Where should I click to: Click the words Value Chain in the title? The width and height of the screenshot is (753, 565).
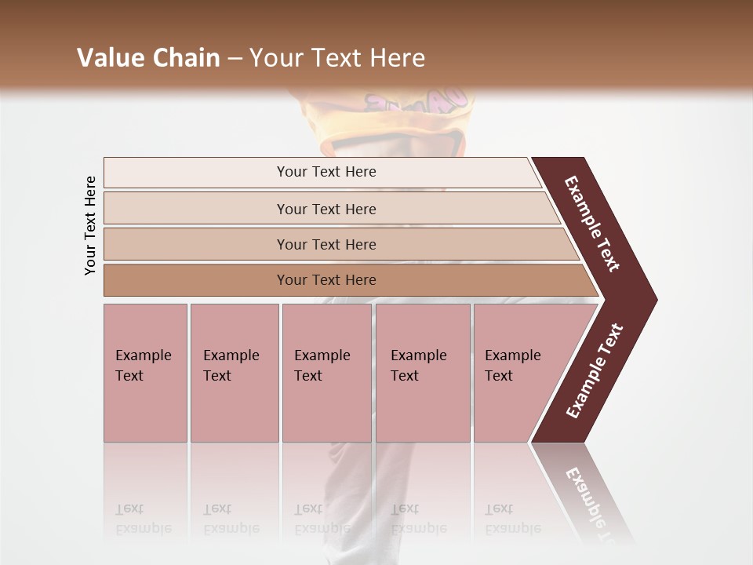click(x=148, y=58)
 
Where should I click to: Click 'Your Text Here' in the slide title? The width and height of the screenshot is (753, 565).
click(x=337, y=58)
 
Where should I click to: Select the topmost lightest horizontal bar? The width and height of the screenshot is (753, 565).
click(x=326, y=172)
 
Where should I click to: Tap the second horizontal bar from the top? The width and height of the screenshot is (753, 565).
click(x=326, y=209)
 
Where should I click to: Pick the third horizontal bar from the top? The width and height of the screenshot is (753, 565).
click(x=326, y=245)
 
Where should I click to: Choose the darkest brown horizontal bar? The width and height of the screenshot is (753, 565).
click(x=326, y=280)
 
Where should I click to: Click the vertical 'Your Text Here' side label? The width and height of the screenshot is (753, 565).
click(x=90, y=225)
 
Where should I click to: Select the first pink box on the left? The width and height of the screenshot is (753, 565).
click(x=145, y=373)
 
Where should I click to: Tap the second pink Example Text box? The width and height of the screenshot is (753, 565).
click(x=234, y=373)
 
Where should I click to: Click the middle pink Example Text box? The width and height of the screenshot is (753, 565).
click(x=326, y=373)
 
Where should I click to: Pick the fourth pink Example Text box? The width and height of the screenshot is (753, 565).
click(x=422, y=373)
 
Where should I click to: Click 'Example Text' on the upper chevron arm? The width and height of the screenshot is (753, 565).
click(x=592, y=224)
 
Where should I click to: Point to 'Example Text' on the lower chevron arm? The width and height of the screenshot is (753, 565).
click(x=595, y=371)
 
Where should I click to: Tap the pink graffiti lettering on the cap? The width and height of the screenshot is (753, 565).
click(x=416, y=101)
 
